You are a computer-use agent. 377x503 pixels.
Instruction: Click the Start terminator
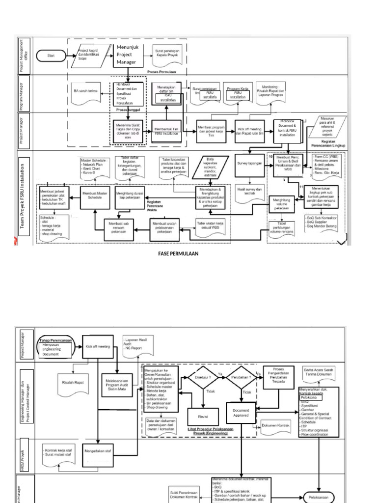pyautogui.click(x=51, y=56)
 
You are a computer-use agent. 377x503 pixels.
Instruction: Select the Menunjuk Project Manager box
pyautogui.click(x=128, y=55)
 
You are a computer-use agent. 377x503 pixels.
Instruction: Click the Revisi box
pyautogui.click(x=203, y=416)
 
